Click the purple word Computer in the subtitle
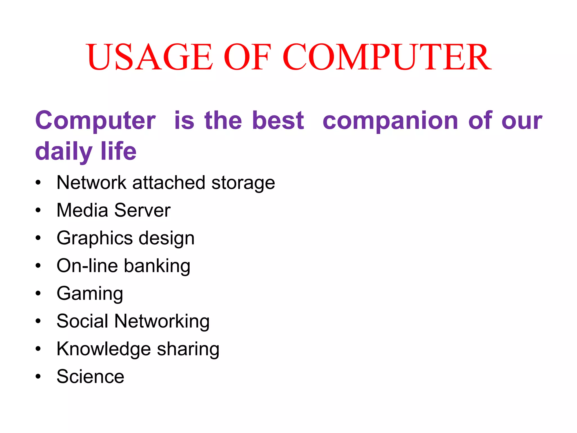[x=95, y=121]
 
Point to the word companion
[x=390, y=121]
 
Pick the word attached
[x=169, y=182]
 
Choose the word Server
[x=142, y=210]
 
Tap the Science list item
[x=90, y=376]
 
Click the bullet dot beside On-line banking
[x=38, y=266]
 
